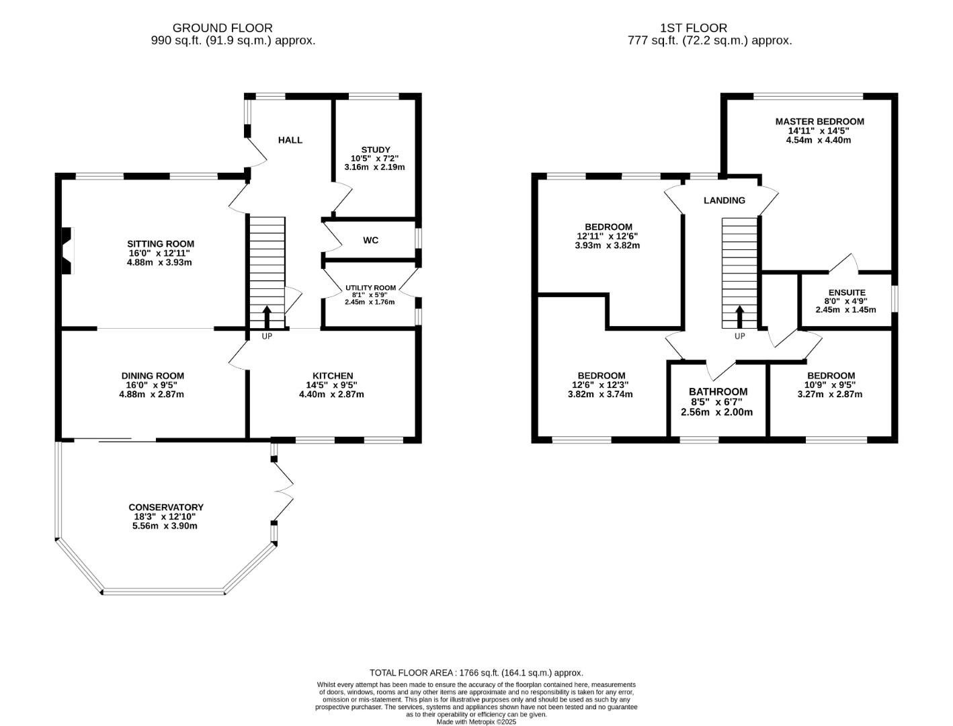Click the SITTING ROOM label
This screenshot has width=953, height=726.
(161, 244)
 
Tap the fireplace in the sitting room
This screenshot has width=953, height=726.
(66, 251)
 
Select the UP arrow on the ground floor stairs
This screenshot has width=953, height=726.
(267, 317)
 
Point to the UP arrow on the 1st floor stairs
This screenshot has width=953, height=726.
(739, 317)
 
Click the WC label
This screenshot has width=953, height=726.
(370, 240)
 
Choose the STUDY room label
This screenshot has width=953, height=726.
(375, 150)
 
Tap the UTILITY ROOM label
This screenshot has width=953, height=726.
(370, 288)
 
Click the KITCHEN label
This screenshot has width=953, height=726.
(332, 376)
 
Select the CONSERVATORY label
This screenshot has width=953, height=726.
(166, 508)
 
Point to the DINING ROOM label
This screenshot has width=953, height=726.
(153, 376)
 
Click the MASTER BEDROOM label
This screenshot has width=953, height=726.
(819, 122)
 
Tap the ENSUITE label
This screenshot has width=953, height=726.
(846, 292)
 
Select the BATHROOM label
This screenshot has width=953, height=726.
(718, 392)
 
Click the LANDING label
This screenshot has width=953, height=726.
(724, 200)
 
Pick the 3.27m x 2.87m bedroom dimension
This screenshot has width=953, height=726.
(831, 395)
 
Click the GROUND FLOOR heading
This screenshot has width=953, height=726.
(222, 28)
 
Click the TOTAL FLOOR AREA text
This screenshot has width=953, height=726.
(476, 672)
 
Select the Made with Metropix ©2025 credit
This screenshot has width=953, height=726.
(476, 721)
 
